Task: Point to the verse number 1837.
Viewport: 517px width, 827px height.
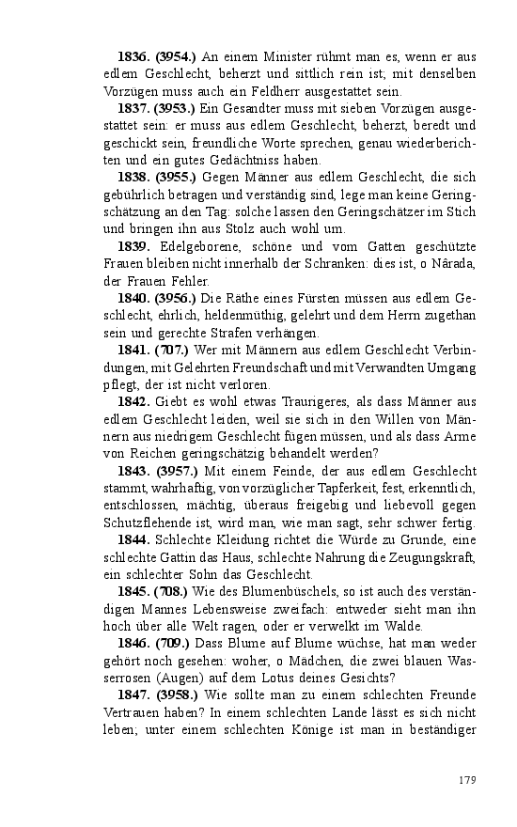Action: pyautogui.click(x=134, y=109)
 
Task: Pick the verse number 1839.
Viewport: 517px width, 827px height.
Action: pyautogui.click(x=134, y=246)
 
